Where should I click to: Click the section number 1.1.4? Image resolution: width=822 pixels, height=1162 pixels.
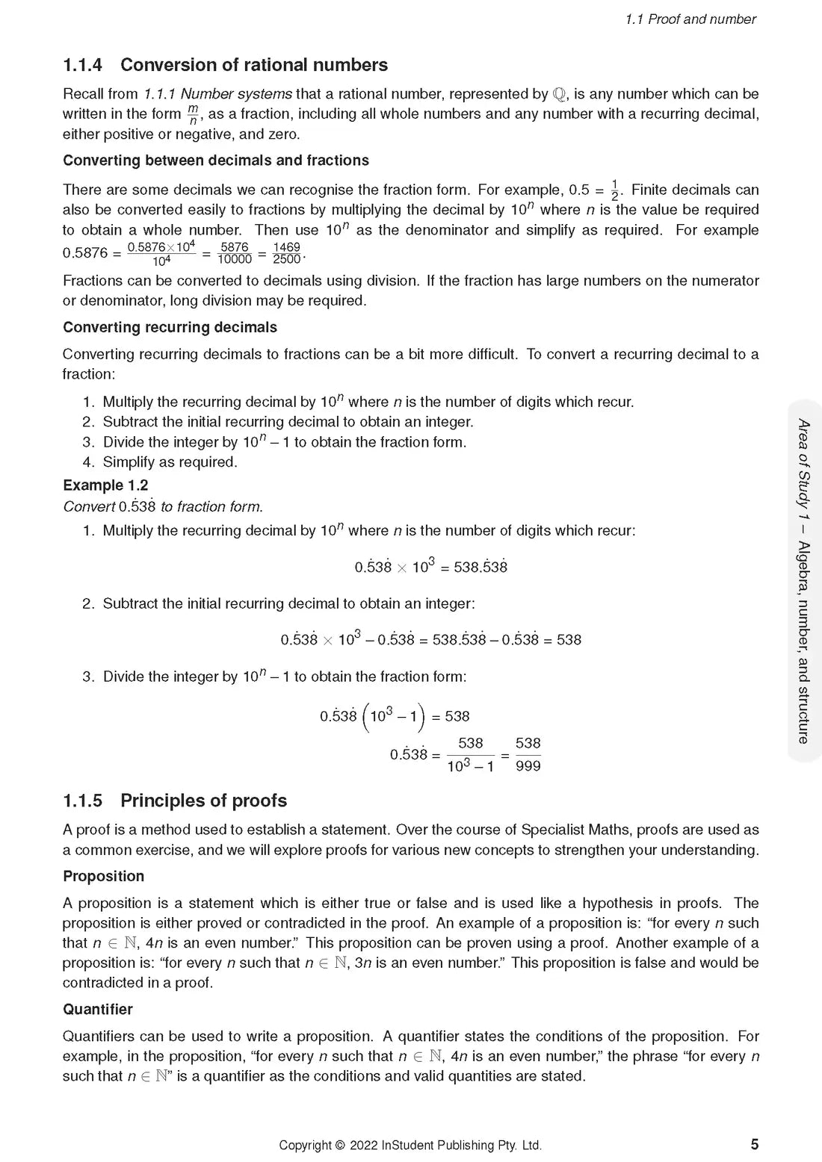coord(82,66)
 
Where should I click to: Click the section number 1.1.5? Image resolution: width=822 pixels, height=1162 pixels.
coord(82,801)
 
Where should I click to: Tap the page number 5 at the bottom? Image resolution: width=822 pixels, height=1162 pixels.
coord(755,1144)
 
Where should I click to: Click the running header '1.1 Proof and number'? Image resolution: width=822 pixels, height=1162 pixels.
coord(690,19)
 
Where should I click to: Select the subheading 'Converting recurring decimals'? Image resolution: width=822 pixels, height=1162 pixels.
coord(170,327)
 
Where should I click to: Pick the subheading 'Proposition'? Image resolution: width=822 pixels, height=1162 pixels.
coord(103,876)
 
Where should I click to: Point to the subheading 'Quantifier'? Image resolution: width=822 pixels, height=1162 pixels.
coord(98,1009)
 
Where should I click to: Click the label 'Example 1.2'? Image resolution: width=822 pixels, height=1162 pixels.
coord(105,485)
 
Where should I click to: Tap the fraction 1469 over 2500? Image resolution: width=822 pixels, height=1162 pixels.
coord(286,253)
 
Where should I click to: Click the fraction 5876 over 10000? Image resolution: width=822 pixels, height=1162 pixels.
coord(235,253)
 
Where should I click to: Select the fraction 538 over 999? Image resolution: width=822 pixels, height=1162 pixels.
coord(528,754)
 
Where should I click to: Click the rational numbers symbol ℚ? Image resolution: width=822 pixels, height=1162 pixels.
coord(560,94)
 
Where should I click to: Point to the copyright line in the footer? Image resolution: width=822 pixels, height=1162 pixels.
coord(410,1145)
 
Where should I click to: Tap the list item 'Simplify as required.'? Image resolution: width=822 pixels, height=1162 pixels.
coord(170,462)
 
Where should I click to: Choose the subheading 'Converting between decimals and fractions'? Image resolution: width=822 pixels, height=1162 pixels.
coord(216,161)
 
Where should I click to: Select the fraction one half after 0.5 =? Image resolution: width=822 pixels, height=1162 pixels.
coord(615,190)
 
